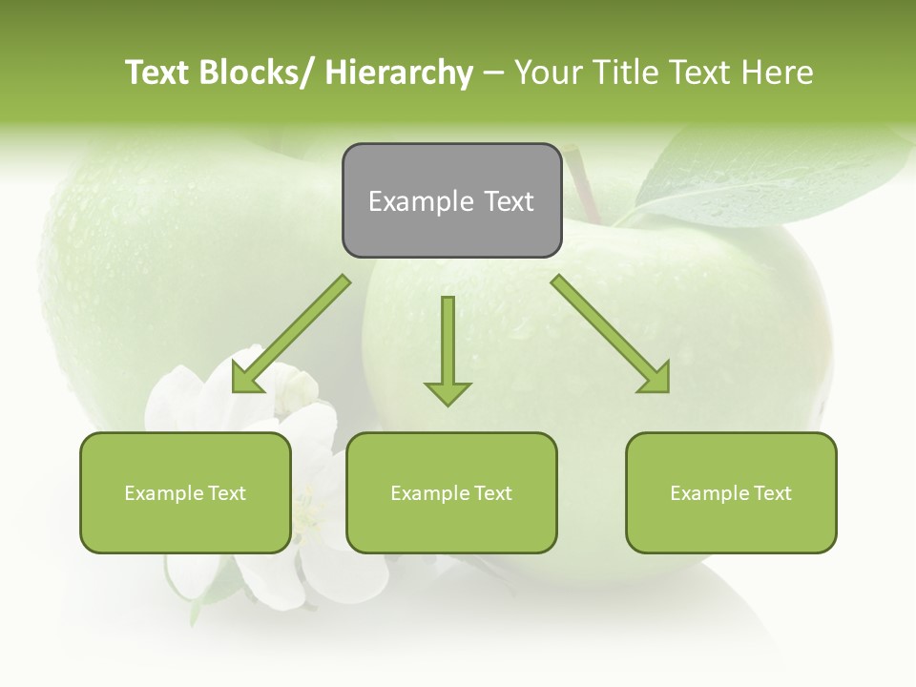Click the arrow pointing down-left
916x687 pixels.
291,335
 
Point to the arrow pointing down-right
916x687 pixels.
612,334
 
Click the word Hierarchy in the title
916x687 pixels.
399,73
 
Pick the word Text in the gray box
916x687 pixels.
508,201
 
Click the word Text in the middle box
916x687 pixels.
491,493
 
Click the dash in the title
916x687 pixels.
493,73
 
